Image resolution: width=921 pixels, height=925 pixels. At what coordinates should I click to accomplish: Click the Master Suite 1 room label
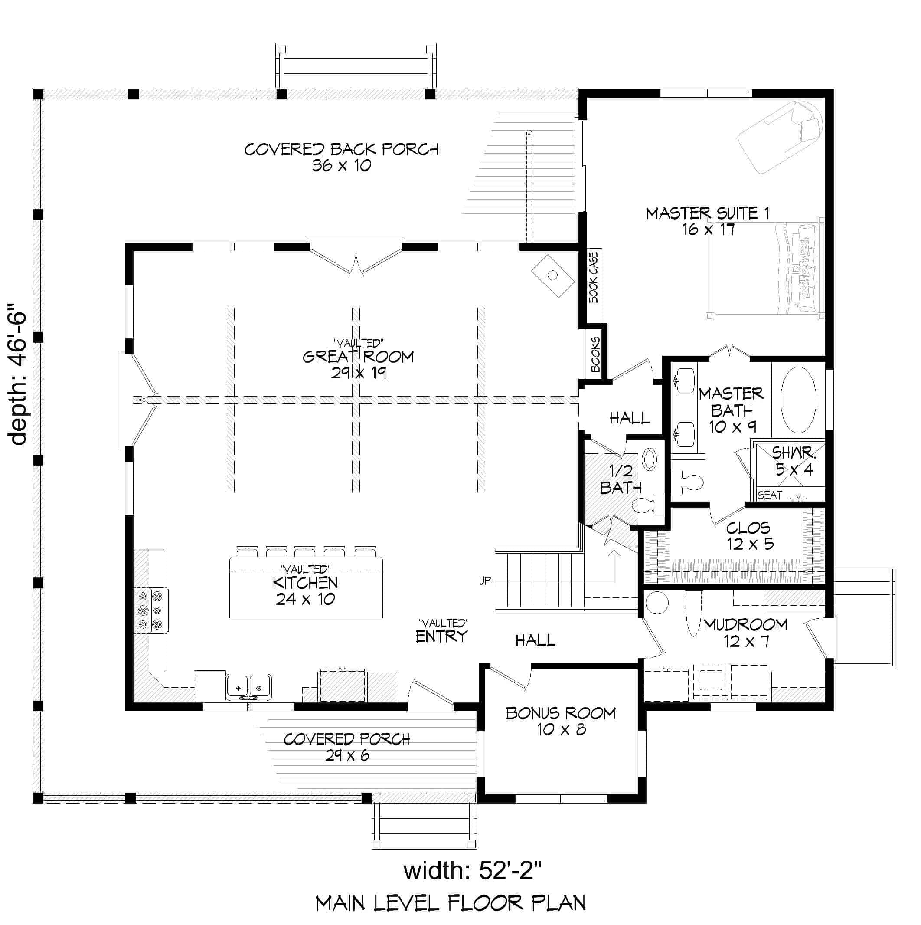708,213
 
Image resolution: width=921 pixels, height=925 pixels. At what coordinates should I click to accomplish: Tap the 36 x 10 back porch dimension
342,166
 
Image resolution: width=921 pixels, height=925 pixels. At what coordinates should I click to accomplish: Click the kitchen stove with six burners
150,610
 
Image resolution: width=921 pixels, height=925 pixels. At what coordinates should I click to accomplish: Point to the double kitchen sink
248,687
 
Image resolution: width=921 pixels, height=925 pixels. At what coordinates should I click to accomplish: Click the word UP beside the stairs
485,581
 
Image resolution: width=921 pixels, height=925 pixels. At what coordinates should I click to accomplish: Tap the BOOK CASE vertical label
594,278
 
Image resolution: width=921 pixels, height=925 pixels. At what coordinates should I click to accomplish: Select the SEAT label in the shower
770,495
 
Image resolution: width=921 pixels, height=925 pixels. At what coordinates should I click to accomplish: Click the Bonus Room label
561,714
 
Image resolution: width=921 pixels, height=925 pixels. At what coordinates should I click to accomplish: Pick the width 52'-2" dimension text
473,871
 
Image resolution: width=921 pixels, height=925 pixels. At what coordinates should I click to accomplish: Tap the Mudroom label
745,625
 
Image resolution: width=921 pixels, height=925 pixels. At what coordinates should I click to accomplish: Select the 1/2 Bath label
621,479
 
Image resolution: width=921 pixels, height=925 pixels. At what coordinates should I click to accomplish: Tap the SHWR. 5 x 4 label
794,461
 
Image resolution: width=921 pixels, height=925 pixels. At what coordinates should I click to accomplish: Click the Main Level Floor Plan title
450,903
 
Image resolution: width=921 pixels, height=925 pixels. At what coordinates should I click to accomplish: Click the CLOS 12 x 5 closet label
749,536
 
